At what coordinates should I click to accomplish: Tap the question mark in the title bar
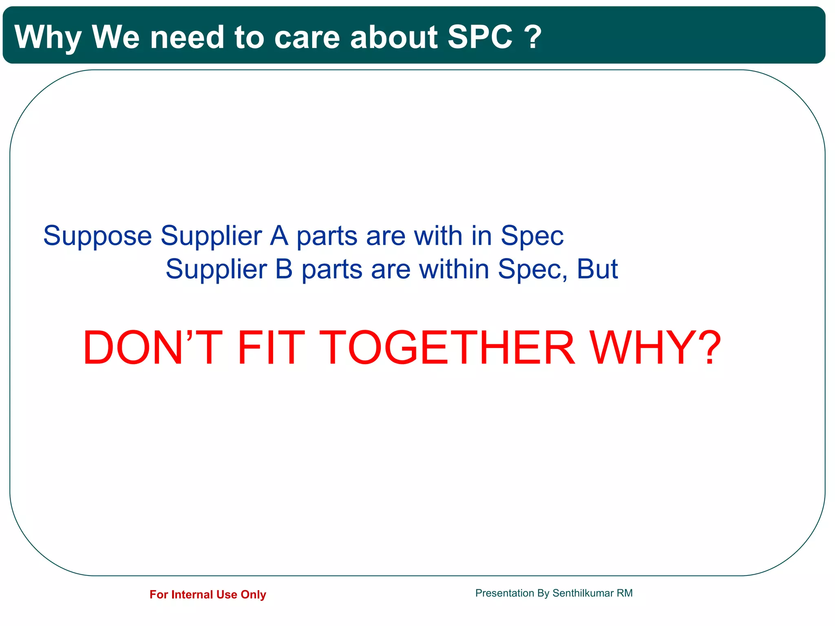point(533,37)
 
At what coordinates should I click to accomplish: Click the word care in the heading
point(307,37)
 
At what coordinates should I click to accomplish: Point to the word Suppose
point(97,236)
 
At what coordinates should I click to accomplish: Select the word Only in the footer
point(253,595)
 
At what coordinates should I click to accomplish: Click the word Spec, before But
point(532,270)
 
